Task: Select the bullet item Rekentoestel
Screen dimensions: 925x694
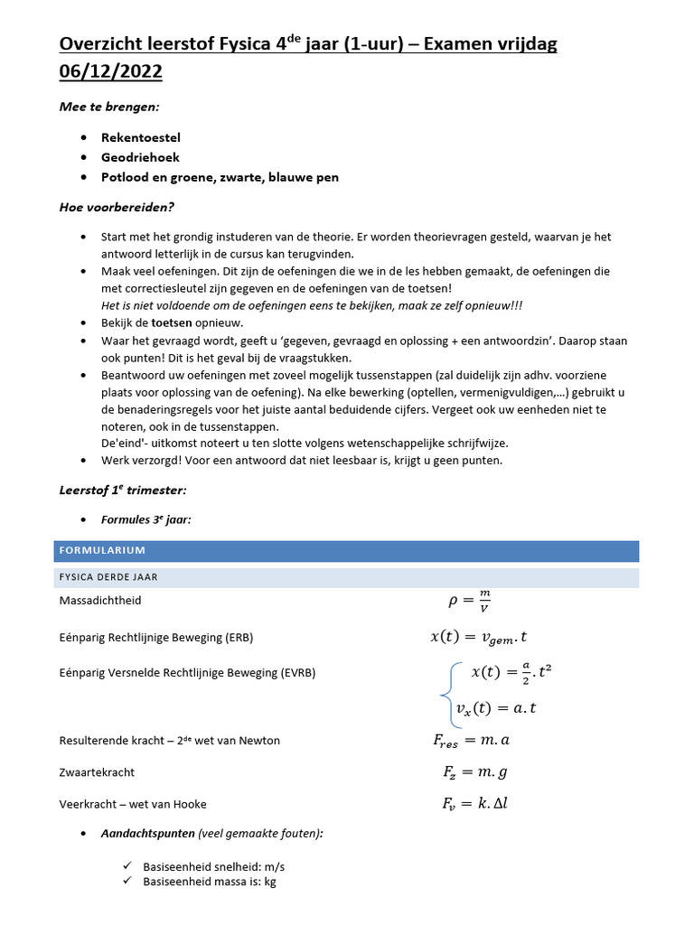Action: pos(141,137)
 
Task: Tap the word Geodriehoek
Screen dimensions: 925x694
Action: pos(140,157)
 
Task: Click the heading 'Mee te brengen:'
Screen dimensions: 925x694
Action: pos(108,107)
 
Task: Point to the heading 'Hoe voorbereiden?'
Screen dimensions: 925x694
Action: pos(117,207)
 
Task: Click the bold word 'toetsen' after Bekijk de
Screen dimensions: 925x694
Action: pos(171,322)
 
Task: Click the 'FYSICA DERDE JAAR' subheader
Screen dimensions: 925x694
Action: pos(109,576)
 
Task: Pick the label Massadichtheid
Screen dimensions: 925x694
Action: pos(99,600)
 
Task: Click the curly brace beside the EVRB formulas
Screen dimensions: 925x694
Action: pos(445,691)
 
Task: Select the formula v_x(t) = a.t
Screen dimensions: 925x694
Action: pos(496,709)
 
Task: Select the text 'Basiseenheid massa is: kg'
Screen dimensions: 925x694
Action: pos(210,881)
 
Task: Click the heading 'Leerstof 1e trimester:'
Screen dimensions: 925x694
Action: pos(122,490)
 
